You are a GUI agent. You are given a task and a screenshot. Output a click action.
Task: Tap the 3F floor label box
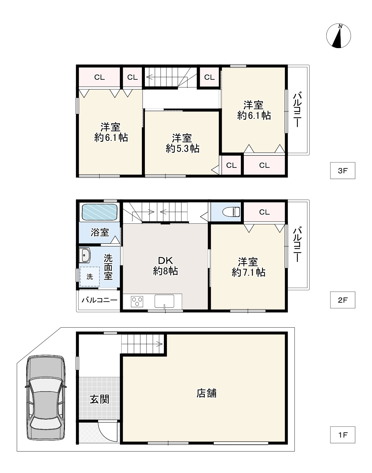(x=342, y=171)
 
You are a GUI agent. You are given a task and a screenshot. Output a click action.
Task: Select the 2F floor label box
(x=342, y=300)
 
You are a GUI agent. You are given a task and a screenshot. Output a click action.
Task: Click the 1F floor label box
(x=342, y=435)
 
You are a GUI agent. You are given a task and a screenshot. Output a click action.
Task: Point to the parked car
(x=45, y=398)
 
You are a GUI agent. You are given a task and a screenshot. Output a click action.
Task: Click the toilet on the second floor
(x=232, y=212)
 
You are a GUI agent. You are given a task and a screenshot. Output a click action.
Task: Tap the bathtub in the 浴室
(x=99, y=212)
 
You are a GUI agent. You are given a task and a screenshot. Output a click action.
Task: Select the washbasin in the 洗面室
(x=85, y=255)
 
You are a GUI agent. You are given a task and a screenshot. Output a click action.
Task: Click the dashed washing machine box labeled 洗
(x=89, y=277)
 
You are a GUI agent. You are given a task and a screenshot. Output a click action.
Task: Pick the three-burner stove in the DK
(x=137, y=301)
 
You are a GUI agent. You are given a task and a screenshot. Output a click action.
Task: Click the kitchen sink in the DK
(x=164, y=301)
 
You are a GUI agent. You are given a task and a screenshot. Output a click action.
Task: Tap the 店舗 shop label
(x=206, y=393)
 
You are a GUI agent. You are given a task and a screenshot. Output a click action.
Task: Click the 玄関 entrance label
(x=100, y=399)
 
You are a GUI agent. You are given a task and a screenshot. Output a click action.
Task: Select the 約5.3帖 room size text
(x=182, y=148)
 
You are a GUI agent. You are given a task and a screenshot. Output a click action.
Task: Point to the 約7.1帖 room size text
(x=248, y=272)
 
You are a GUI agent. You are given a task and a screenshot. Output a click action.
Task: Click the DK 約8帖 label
(x=165, y=266)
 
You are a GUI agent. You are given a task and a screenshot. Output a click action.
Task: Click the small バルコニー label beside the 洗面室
(x=99, y=300)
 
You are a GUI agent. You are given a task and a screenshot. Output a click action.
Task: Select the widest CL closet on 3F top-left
(x=99, y=77)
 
